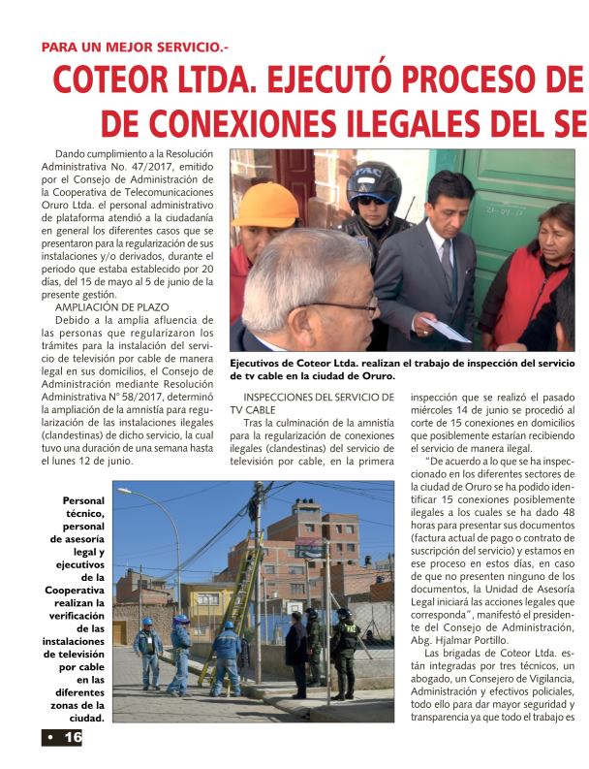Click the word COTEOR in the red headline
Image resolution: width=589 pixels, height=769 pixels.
[x=115, y=81]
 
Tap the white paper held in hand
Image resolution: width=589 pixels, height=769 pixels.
[x=446, y=329]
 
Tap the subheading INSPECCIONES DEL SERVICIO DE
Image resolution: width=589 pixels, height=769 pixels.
[x=319, y=397]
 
